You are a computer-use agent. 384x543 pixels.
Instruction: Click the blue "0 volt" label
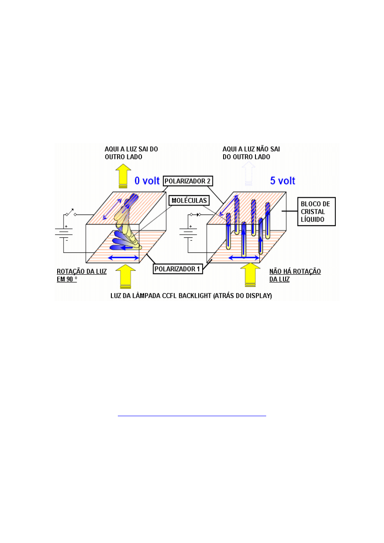point(147,181)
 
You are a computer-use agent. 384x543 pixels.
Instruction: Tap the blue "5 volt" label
point(283,181)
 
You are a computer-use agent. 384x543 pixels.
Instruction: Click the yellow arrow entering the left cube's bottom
point(124,277)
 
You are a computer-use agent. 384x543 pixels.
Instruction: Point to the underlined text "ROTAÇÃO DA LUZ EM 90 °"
point(82,275)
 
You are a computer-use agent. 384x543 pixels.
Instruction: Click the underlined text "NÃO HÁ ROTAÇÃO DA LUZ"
point(295,275)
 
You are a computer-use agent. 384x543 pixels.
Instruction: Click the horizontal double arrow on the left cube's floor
point(123,258)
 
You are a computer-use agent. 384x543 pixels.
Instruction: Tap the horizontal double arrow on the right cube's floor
point(243,258)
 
